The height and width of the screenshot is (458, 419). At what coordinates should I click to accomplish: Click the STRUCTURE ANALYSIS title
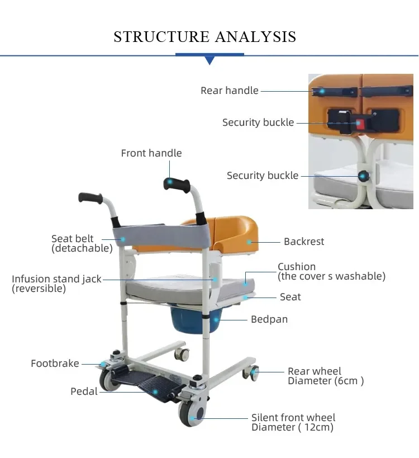click(204, 37)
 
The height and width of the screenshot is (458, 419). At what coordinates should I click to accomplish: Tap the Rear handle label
click(230, 91)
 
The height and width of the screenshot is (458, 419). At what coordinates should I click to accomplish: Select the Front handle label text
click(151, 153)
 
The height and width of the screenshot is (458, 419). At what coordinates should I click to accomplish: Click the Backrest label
click(304, 242)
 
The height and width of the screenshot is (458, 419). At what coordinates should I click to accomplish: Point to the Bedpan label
click(269, 319)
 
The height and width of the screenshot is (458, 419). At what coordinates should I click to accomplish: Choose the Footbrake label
click(55, 363)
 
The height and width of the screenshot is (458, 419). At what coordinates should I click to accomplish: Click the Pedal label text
click(84, 391)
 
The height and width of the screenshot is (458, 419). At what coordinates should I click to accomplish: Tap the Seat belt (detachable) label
click(82, 244)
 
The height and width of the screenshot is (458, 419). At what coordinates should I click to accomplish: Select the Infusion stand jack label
click(56, 284)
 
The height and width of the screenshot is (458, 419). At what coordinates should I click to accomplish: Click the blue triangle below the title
click(209, 60)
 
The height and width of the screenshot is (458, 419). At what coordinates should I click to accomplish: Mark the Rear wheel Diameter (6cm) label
click(325, 376)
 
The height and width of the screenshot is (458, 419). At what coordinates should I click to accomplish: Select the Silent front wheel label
click(293, 422)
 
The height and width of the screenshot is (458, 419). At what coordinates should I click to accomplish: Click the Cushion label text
click(331, 271)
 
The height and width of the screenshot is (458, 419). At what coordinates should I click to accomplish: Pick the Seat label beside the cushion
click(290, 297)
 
